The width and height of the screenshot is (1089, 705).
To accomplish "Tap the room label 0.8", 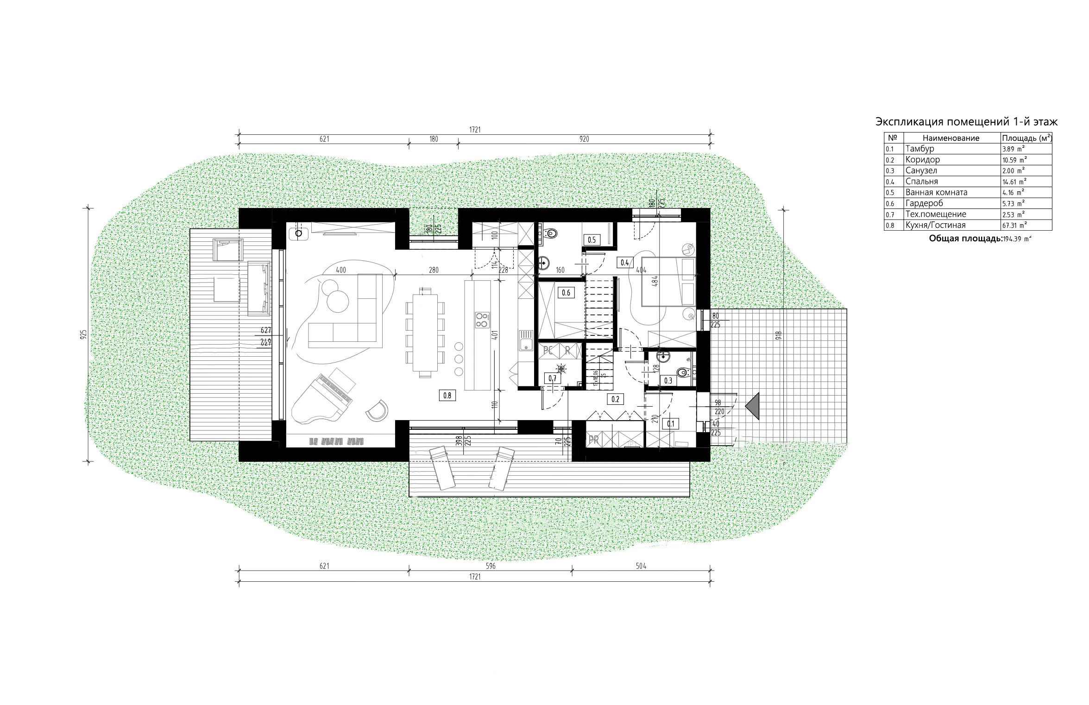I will coord(447,395).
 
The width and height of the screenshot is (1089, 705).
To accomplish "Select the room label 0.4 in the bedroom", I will coord(624,263).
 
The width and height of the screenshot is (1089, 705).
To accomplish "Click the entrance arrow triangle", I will coord(753,406).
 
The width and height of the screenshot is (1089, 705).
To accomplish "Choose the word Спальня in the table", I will coord(921,182).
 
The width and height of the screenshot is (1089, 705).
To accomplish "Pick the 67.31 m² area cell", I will coord(1013,225).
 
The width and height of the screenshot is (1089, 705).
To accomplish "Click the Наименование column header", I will coord(951,138).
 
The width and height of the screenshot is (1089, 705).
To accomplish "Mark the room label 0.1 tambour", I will coord(670,423).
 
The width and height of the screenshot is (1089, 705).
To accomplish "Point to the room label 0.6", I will coord(566,293).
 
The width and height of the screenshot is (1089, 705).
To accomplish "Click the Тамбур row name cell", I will coord(920,149).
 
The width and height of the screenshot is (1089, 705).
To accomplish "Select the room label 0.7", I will coord(552,378).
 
